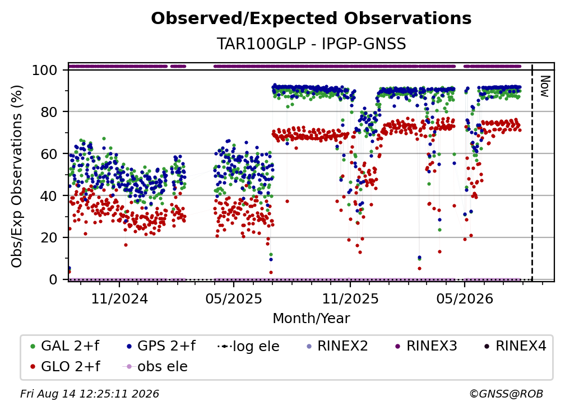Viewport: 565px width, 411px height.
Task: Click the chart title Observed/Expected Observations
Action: pos(311,18)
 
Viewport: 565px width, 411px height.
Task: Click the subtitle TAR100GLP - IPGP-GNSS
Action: pos(311,44)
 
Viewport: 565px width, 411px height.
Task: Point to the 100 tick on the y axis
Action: pos(45,70)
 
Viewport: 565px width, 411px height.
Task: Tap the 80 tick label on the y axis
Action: pos(49,112)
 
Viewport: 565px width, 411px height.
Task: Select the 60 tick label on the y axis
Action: pos(49,153)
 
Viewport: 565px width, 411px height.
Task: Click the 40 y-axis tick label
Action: pos(49,196)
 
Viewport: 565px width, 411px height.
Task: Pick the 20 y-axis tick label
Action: pos(49,237)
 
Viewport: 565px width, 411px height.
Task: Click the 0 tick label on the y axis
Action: pos(53,279)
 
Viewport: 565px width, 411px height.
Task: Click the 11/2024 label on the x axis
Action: pos(119,298)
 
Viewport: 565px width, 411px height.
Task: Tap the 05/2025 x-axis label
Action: pos(234,298)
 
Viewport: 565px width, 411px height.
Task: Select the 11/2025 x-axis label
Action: pos(350,298)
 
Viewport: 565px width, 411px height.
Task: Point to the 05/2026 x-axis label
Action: pos(465,298)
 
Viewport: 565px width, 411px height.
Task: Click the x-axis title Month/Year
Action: pos(311,318)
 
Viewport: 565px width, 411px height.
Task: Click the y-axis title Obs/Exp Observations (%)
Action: pos(17,176)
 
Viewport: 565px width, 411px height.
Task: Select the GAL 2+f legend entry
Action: pos(65,346)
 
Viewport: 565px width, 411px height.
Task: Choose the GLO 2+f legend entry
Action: pos(65,366)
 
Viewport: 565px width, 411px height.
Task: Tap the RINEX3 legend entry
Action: pos(426,346)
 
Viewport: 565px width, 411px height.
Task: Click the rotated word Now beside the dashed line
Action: pos(544,86)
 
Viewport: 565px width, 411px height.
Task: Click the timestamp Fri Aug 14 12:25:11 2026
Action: pos(89,394)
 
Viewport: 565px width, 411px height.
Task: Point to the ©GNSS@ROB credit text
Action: pos(506,394)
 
